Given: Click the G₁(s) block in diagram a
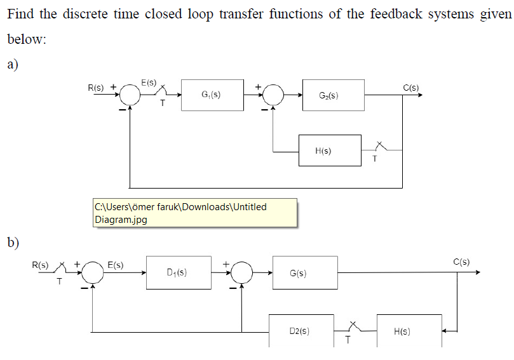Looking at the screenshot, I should point(212,95).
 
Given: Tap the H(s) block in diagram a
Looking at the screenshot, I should point(330,151).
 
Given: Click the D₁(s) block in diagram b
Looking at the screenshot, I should point(179,272).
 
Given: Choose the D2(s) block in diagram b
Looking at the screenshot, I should point(301,331).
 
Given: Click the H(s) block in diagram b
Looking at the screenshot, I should point(409,331).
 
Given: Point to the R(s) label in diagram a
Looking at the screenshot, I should point(96,87).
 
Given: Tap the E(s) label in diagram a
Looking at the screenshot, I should point(149,83).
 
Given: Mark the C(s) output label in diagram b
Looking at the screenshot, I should point(461,262).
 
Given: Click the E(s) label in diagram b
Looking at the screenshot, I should point(116,264).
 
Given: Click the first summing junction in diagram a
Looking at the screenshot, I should point(130,95).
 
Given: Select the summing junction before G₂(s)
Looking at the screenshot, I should point(274,95).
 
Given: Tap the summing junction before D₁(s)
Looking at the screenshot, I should point(93,272).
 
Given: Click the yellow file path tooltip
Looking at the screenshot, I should point(194,213).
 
